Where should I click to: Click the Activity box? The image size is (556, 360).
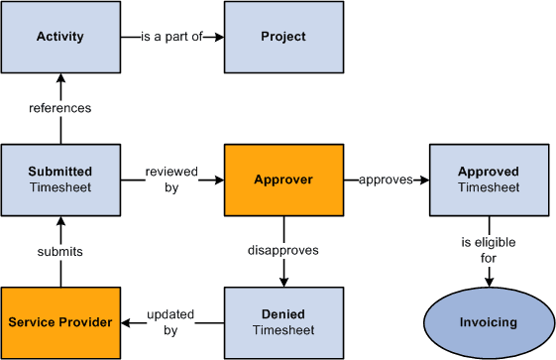[x=60, y=37]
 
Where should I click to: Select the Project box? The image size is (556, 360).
[x=283, y=37]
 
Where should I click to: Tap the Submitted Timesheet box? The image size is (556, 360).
[x=60, y=180]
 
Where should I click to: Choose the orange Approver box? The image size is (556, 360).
[x=283, y=180]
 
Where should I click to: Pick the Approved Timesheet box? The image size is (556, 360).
[x=489, y=180]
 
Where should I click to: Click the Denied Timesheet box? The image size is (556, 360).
[x=283, y=322]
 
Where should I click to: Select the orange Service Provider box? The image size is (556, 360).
[x=60, y=322]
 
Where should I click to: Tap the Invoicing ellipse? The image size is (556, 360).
[x=489, y=322]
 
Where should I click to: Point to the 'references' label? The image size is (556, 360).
[x=60, y=107]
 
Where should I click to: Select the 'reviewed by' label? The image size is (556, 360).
[x=171, y=179]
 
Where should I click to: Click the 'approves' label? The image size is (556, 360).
[x=386, y=180]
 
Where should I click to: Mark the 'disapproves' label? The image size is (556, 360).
[x=283, y=250]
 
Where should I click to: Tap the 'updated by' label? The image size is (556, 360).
[x=171, y=321]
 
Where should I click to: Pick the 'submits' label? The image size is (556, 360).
[x=60, y=251]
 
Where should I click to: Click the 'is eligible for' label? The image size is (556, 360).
[x=489, y=250]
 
